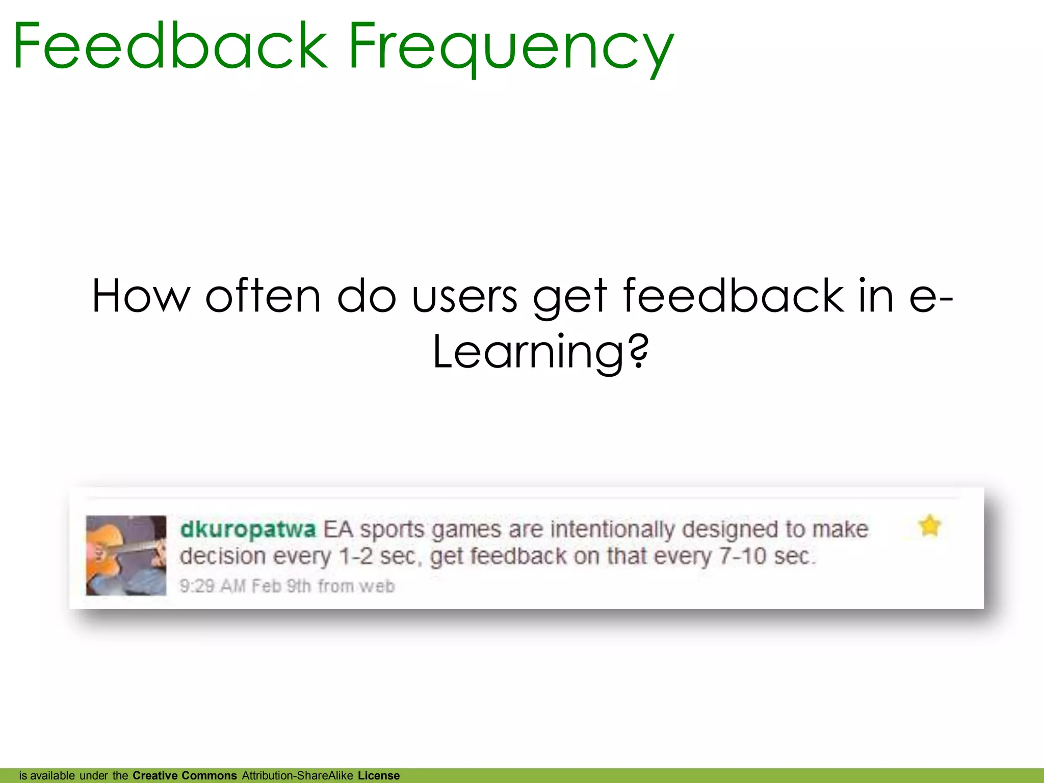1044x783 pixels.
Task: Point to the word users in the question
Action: coord(464,296)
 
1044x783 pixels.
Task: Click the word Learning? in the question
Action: coord(540,352)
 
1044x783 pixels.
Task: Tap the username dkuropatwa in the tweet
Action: coord(248,529)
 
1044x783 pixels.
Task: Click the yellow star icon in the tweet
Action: coord(929,526)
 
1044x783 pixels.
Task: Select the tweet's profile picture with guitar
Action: coord(126,555)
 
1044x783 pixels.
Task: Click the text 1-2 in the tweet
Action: coord(356,556)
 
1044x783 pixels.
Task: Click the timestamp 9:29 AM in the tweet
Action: coord(213,586)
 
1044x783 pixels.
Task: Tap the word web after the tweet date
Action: coord(377,586)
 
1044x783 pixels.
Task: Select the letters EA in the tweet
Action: coord(338,529)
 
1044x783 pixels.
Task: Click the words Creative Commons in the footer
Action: coord(185,775)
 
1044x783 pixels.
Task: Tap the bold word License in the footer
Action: coord(379,775)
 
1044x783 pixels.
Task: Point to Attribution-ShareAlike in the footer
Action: coord(297,775)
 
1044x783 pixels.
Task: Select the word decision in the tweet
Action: coord(222,556)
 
